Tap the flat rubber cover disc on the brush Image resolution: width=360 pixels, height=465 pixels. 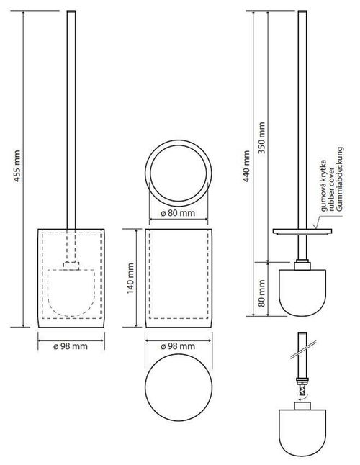(303, 232)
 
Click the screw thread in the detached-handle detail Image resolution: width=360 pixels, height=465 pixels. (303, 384)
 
